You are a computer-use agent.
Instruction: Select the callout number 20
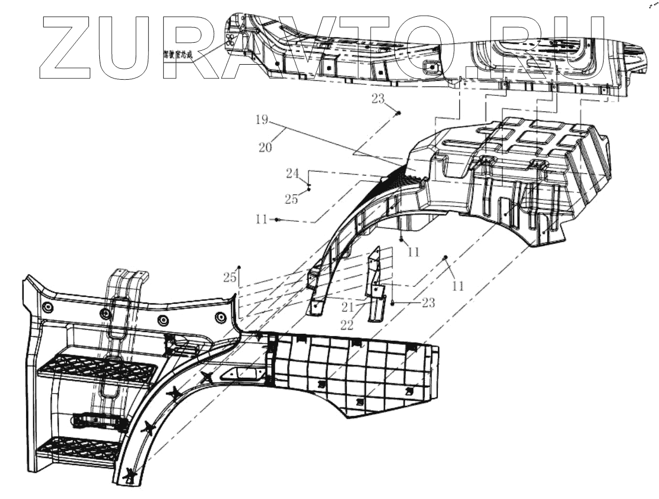click(265, 147)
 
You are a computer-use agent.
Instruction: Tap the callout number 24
click(293, 172)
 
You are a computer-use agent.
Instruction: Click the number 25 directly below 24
click(291, 199)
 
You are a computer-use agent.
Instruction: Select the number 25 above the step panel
click(230, 278)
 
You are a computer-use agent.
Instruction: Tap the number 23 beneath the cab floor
click(377, 99)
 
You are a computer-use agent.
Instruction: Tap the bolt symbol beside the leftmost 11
click(278, 220)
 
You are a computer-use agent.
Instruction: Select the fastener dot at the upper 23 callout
click(398, 113)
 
